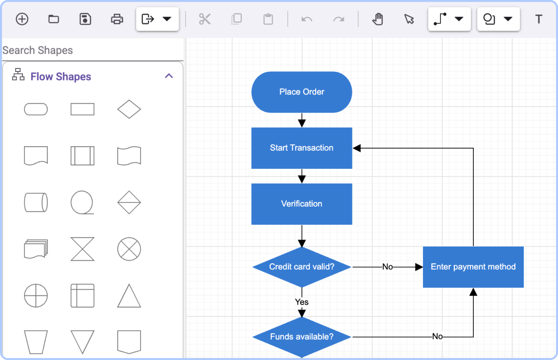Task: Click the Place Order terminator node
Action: (x=302, y=92)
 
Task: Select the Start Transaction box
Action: (x=302, y=148)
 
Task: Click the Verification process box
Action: (x=302, y=204)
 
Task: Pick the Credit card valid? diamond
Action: (x=302, y=267)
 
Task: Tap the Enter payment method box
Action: (x=473, y=267)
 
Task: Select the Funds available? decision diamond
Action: (x=302, y=337)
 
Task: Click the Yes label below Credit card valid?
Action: (x=302, y=302)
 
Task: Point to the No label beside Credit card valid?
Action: (x=387, y=267)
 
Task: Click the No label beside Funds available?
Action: (x=437, y=337)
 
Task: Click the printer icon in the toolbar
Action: (x=117, y=19)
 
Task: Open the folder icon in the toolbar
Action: (x=53, y=19)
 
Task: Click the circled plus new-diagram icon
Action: (x=22, y=19)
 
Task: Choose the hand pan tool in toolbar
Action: (x=377, y=19)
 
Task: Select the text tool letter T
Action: (x=538, y=19)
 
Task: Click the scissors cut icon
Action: (x=205, y=19)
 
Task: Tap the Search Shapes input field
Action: (x=92, y=50)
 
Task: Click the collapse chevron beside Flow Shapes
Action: (x=169, y=76)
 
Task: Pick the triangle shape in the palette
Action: (x=129, y=296)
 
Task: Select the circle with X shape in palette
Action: (x=129, y=249)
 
